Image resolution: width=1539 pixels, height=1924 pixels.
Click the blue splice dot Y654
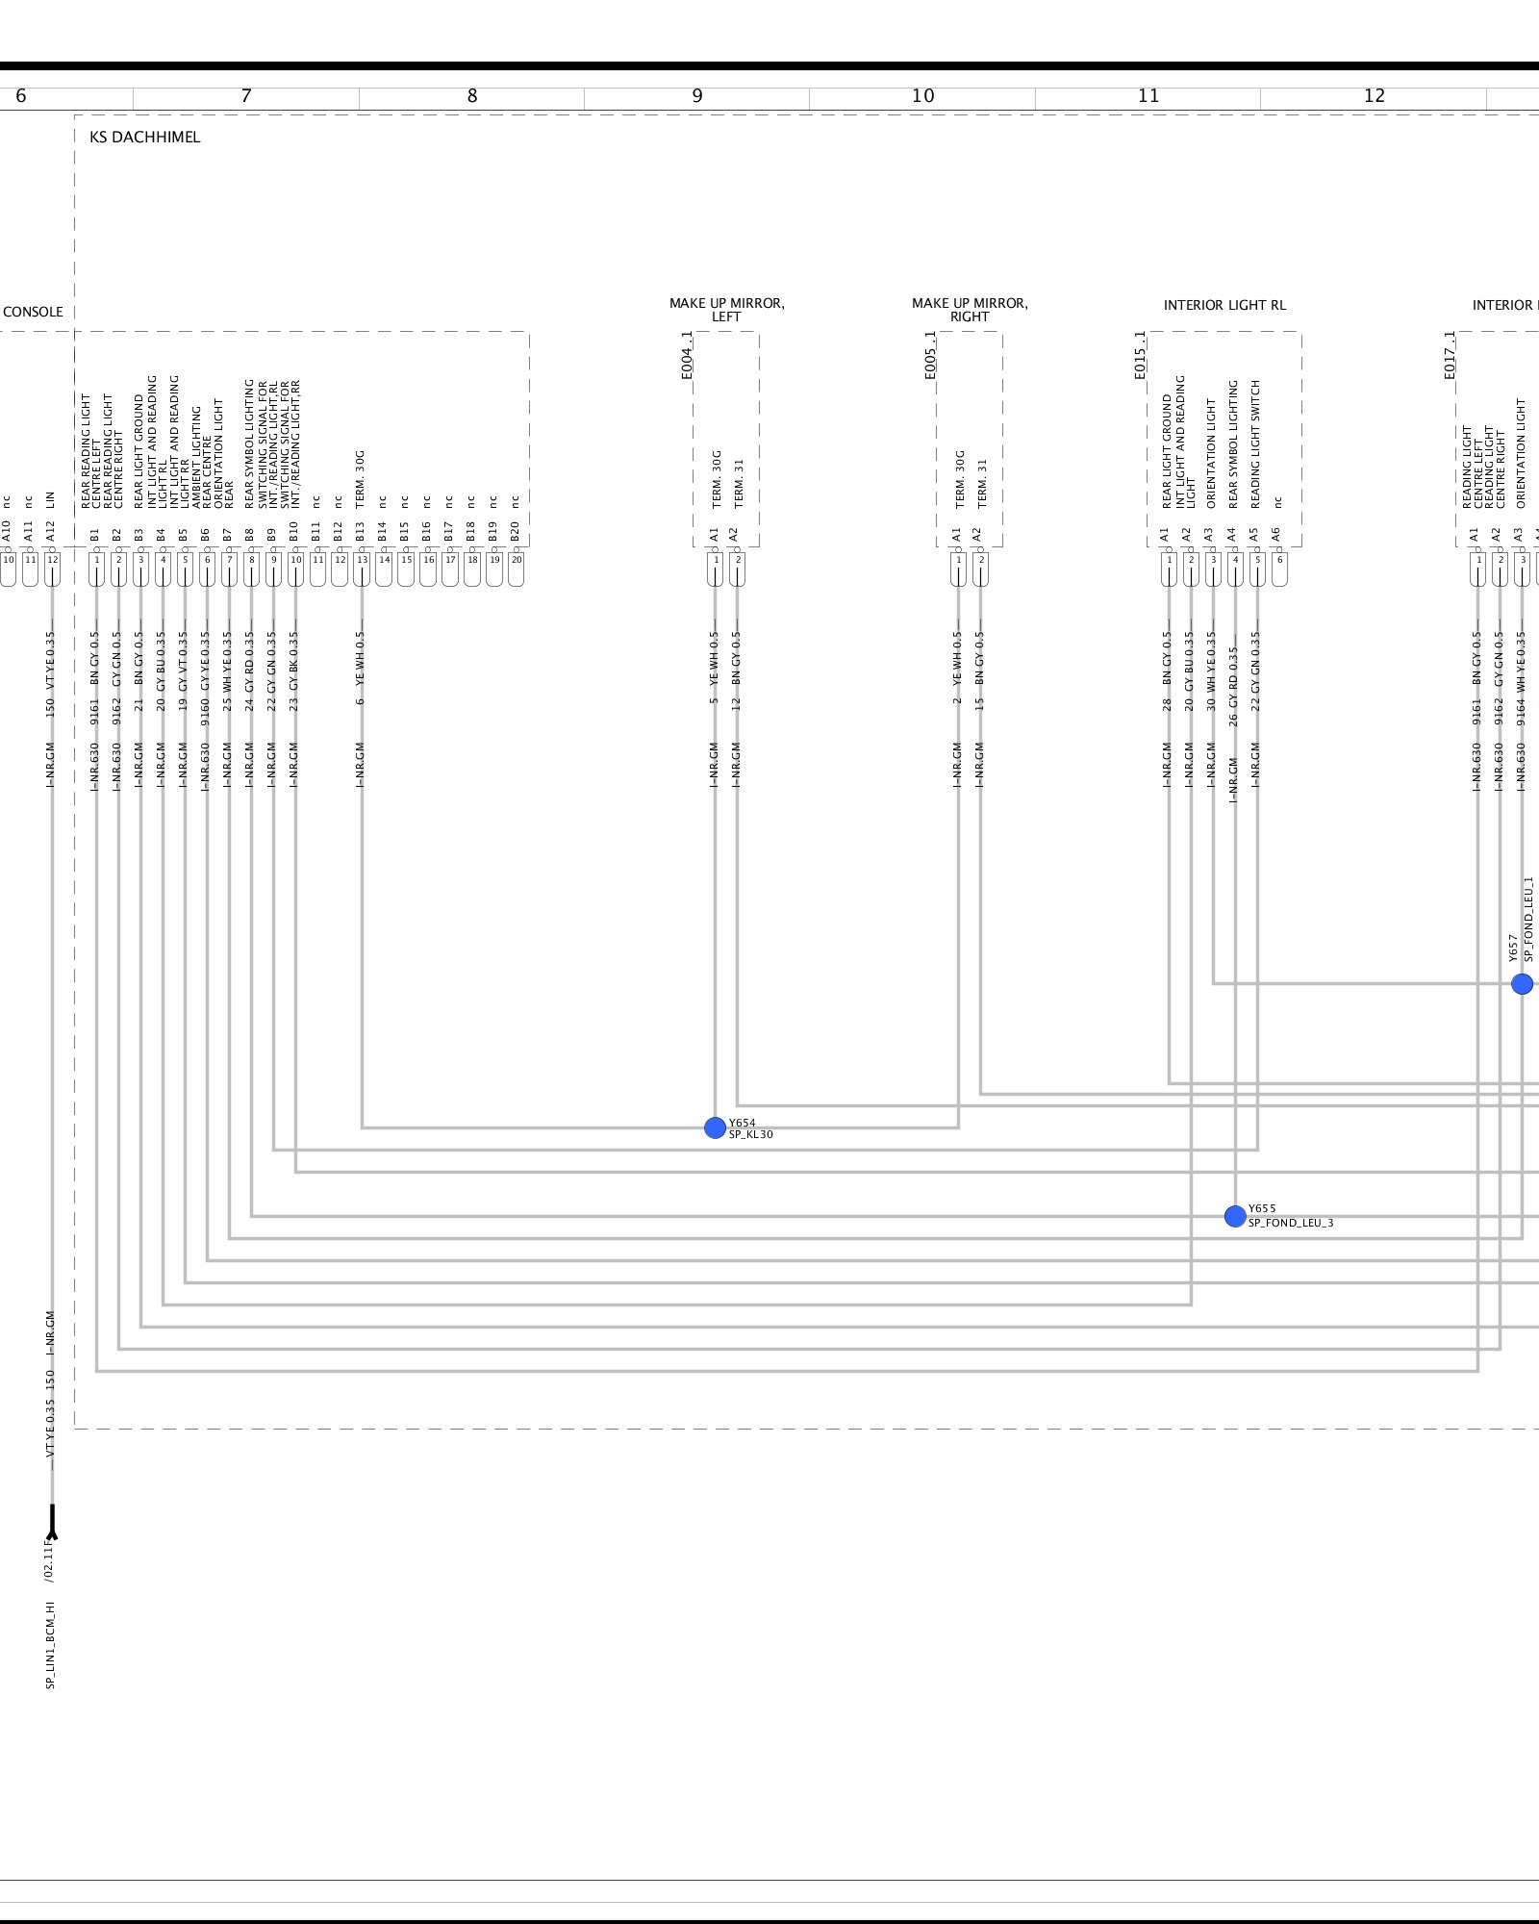click(715, 1127)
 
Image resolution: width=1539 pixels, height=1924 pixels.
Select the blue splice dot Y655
click(1235, 1217)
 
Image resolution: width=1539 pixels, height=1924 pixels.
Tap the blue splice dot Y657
click(1522, 984)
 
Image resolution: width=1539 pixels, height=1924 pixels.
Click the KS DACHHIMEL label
click(145, 138)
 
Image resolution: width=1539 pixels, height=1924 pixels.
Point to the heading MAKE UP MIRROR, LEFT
click(726, 310)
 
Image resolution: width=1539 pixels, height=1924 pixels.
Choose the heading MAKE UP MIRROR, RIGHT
click(970, 310)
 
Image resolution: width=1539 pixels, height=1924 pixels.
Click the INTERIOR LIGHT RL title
click(1224, 306)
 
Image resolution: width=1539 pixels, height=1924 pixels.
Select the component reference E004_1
click(687, 355)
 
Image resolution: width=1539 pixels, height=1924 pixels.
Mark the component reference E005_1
click(930, 355)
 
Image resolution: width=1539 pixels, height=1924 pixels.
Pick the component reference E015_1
click(1140, 355)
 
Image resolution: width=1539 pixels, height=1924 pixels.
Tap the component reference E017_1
click(1450, 355)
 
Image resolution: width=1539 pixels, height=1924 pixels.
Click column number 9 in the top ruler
click(697, 96)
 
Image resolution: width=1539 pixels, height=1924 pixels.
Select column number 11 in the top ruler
click(1148, 96)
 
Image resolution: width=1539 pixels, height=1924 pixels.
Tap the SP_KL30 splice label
click(751, 1135)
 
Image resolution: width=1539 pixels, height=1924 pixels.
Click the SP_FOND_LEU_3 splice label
click(1291, 1224)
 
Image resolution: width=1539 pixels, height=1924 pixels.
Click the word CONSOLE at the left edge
click(33, 313)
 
